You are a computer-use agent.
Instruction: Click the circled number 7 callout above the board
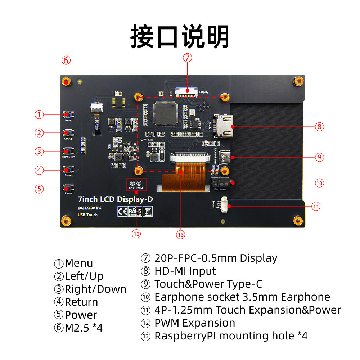click(187, 58)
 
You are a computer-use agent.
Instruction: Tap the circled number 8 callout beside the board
click(319, 126)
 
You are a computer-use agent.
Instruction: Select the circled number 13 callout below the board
click(180, 234)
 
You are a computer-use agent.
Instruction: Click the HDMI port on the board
click(224, 126)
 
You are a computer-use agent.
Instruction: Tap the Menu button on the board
click(68, 114)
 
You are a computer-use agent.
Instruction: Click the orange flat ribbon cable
click(184, 180)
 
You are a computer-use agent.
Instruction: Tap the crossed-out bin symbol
click(148, 211)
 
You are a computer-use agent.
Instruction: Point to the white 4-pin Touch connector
click(223, 206)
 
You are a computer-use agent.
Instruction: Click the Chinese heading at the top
click(180, 36)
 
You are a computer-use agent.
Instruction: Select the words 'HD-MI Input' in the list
click(185, 271)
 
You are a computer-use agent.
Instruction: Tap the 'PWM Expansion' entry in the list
click(194, 323)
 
